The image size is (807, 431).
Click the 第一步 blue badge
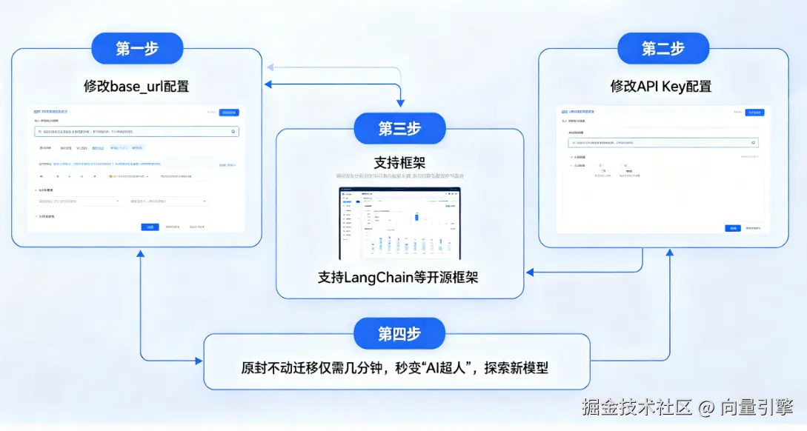[136, 49]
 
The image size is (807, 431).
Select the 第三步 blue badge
[399, 128]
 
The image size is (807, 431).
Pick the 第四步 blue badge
[399, 333]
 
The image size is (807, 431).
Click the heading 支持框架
[399, 162]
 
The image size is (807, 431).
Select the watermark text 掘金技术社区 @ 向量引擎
[687, 407]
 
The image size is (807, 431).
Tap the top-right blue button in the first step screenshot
[229, 113]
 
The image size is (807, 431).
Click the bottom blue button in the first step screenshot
[150, 227]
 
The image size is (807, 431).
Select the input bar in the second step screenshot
[662, 141]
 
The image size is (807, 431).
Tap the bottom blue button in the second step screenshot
[733, 228]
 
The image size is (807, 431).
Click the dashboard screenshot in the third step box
[399, 223]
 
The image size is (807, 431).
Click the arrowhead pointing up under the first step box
[141, 254]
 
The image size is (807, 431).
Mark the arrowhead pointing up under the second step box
[669, 254]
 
